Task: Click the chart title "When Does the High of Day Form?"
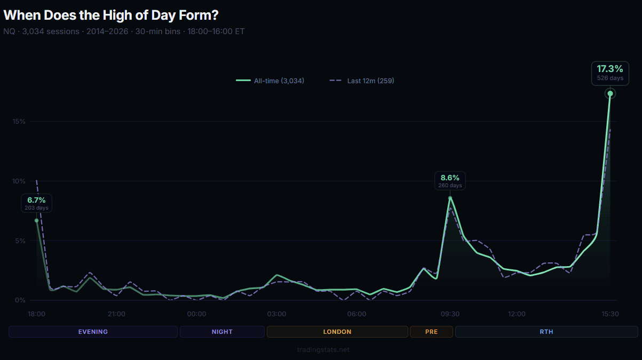click(110, 15)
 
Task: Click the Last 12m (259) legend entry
click(362, 81)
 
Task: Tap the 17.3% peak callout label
click(610, 73)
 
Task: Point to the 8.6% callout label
click(450, 181)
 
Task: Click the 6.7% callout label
click(36, 203)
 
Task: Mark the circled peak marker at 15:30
click(610, 94)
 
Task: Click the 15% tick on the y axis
click(19, 122)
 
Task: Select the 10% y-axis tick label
click(19, 181)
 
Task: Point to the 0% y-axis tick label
click(20, 300)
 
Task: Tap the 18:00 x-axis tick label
click(36, 314)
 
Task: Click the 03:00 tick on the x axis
click(276, 314)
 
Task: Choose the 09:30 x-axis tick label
click(450, 314)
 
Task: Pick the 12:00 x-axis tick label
click(517, 314)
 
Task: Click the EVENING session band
click(93, 332)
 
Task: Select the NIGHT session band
click(222, 332)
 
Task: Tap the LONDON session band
click(337, 332)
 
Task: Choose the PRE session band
click(431, 332)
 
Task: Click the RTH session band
click(546, 332)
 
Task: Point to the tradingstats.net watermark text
click(323, 350)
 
